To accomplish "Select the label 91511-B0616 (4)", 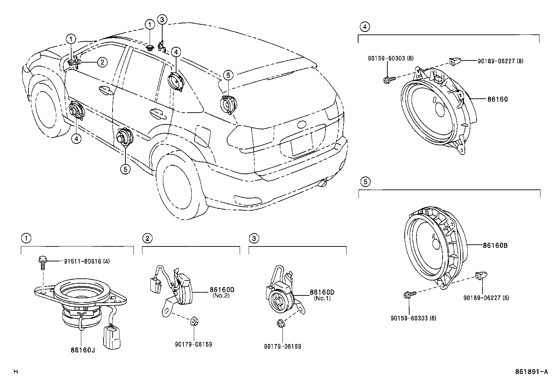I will tap(86, 261).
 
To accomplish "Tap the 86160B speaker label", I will tap(495, 245).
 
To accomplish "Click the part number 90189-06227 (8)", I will tap(500, 61).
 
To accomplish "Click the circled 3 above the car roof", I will tap(162, 19).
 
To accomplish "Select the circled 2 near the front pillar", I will tap(101, 62).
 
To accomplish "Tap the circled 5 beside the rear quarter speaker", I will tap(228, 75).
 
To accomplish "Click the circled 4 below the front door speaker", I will tap(76, 138).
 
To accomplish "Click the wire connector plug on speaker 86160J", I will tap(111, 336).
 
